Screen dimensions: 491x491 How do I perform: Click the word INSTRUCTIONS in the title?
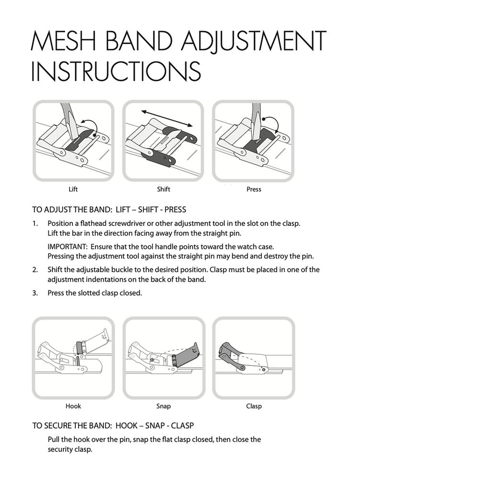(x=116, y=71)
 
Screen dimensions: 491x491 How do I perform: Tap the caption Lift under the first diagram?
(x=73, y=189)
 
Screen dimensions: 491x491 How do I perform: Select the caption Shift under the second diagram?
(x=164, y=189)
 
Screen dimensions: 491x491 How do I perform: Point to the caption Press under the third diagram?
(x=254, y=189)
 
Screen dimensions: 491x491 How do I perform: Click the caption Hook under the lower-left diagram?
(x=73, y=406)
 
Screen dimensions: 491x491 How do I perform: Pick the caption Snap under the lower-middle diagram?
(x=164, y=407)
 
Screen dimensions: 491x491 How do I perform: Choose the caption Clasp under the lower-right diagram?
(x=254, y=407)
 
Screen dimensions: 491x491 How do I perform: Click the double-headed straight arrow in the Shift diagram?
(x=166, y=118)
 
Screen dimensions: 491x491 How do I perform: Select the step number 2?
(x=35, y=270)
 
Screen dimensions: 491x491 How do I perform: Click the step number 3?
(x=35, y=293)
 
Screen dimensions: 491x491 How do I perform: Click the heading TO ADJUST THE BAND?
(x=72, y=210)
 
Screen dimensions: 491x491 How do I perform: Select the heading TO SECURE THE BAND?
(x=72, y=426)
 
